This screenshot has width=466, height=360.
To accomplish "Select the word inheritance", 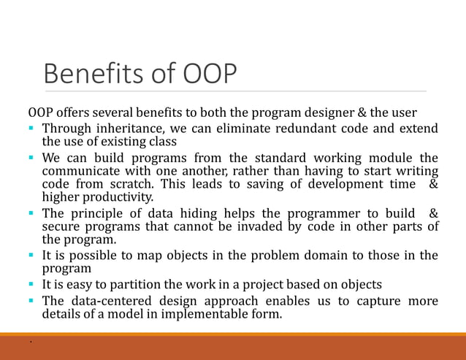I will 128,129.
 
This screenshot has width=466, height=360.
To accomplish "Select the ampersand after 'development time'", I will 433,184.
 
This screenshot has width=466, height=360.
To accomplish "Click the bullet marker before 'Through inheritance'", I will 33,129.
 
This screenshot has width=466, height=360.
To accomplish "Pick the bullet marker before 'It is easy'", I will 33,285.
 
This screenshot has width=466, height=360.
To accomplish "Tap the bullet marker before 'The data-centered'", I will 33,302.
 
